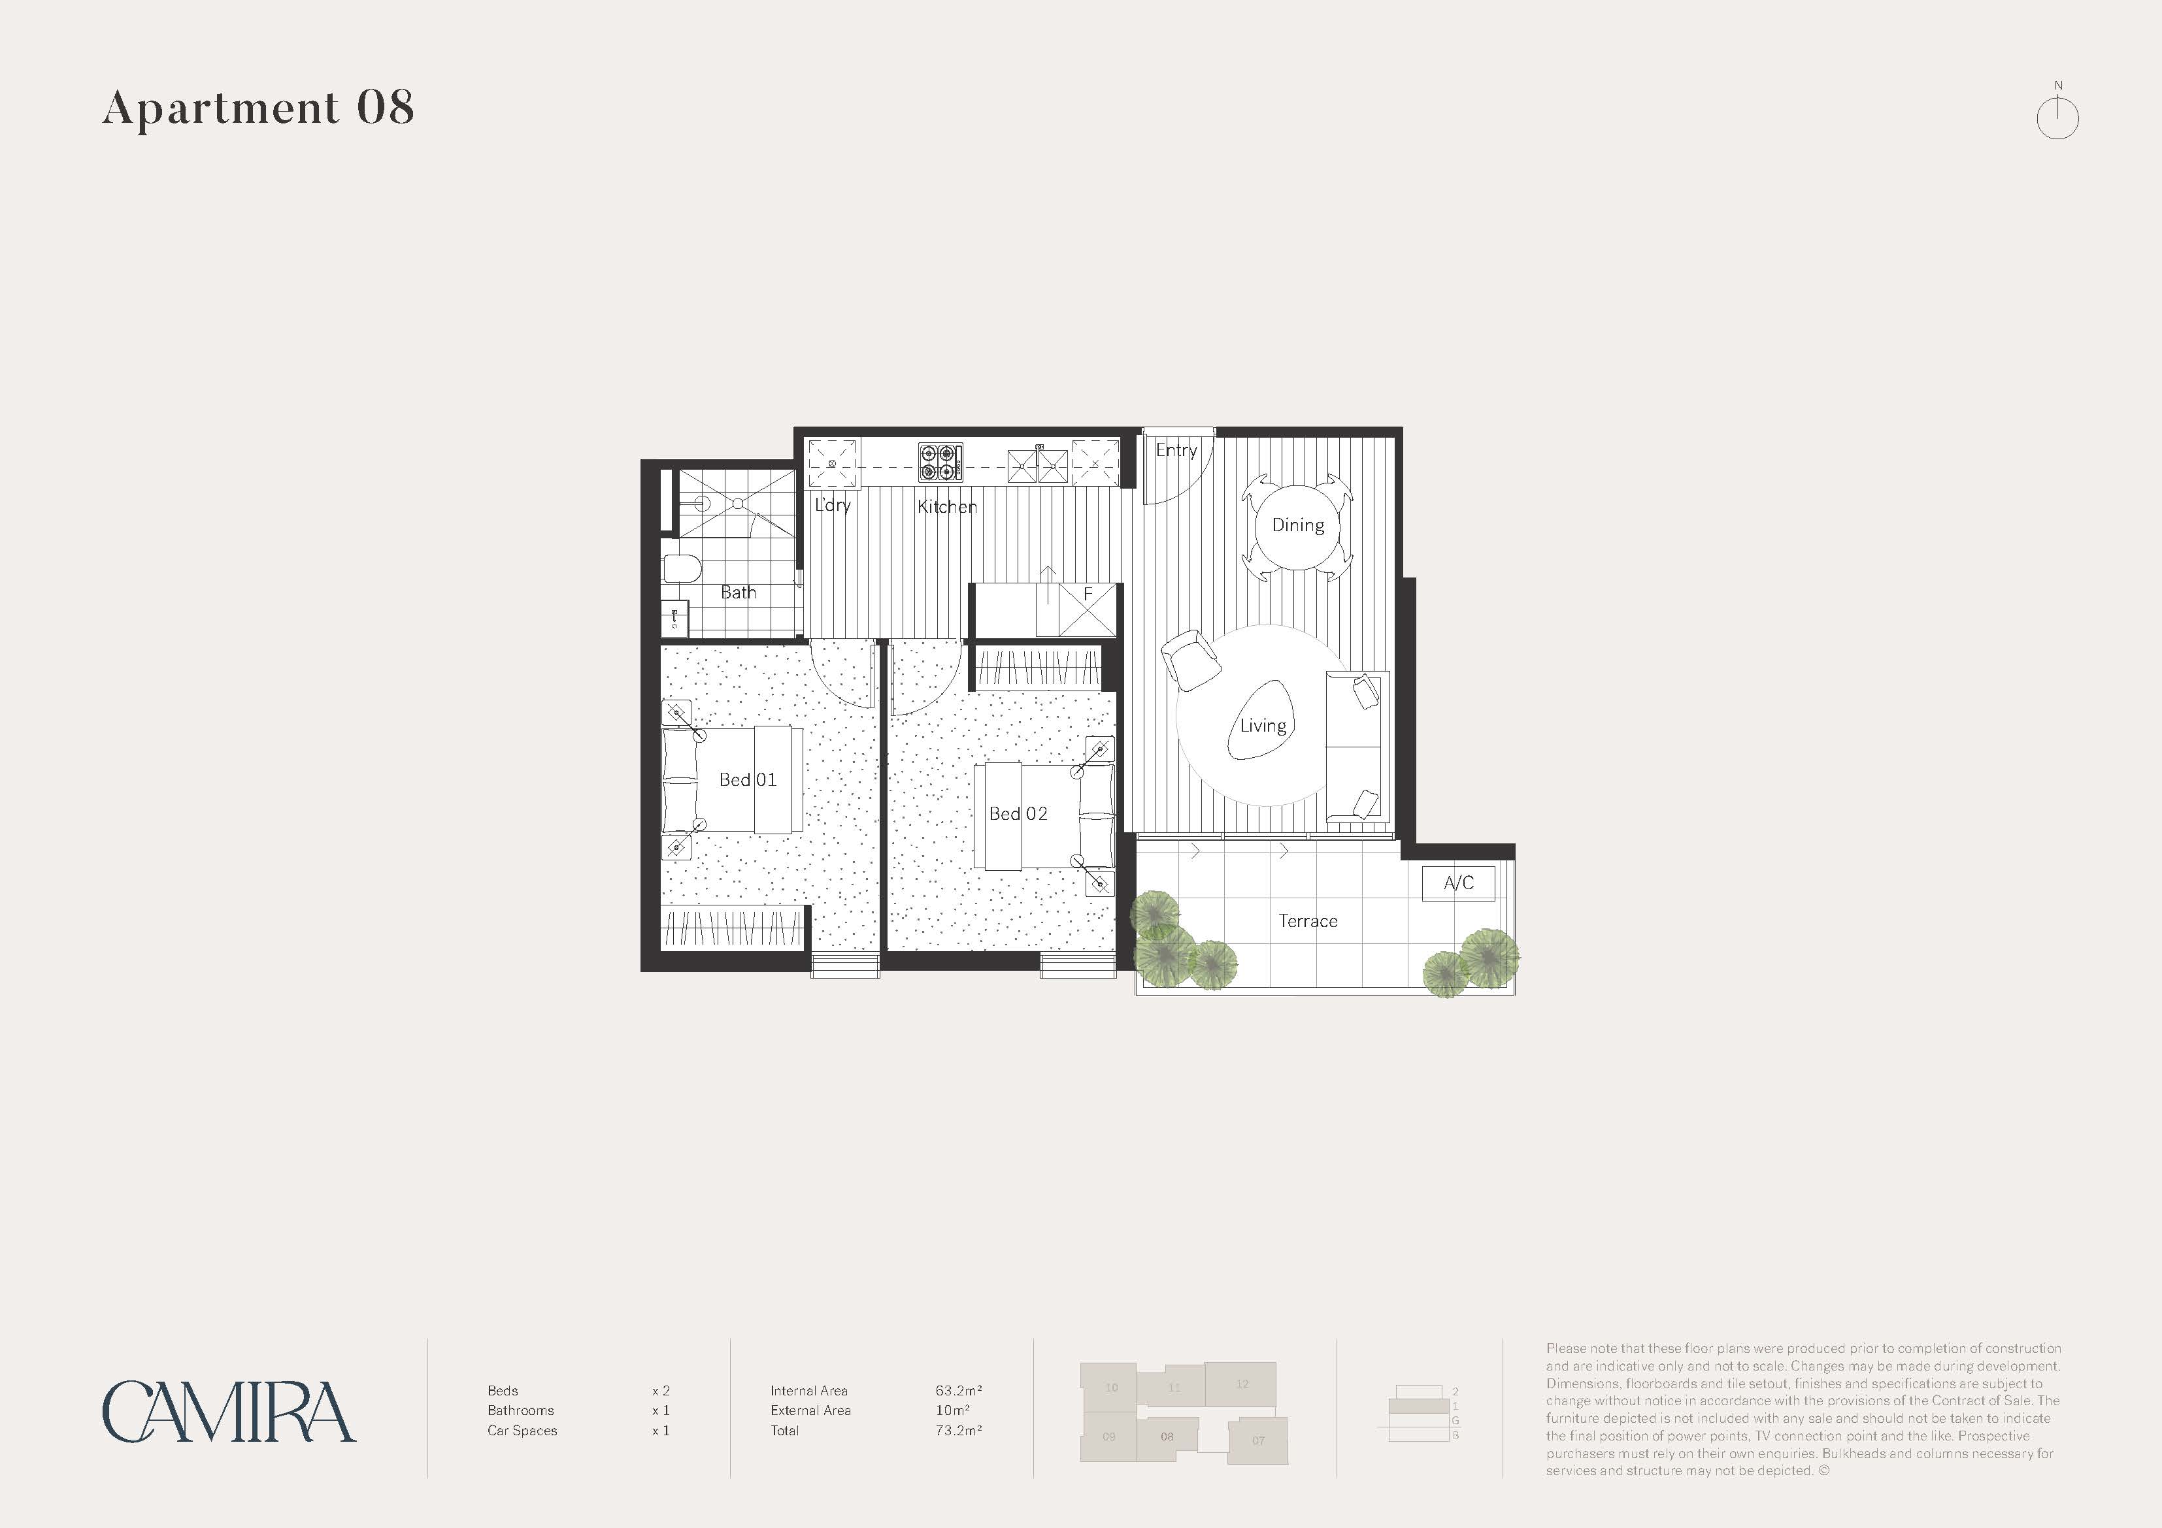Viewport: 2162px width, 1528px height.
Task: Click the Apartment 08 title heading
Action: pos(258,108)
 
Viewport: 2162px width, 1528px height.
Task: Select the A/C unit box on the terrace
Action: pos(1457,883)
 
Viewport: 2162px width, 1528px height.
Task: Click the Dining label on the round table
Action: pos(1297,525)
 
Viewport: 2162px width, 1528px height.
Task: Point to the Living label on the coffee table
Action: pos(1263,726)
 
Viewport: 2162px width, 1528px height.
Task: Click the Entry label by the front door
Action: pos(1176,450)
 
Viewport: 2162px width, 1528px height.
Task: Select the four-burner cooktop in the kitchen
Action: pos(940,463)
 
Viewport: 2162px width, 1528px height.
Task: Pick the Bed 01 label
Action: pos(748,779)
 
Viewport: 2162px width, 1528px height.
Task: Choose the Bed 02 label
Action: pos(1018,813)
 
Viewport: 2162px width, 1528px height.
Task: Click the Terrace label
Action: pos(1307,920)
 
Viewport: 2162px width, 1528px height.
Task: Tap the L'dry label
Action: pos(833,504)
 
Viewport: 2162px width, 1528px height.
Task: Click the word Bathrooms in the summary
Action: pos(521,1410)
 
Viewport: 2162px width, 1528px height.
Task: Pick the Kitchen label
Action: pos(946,506)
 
